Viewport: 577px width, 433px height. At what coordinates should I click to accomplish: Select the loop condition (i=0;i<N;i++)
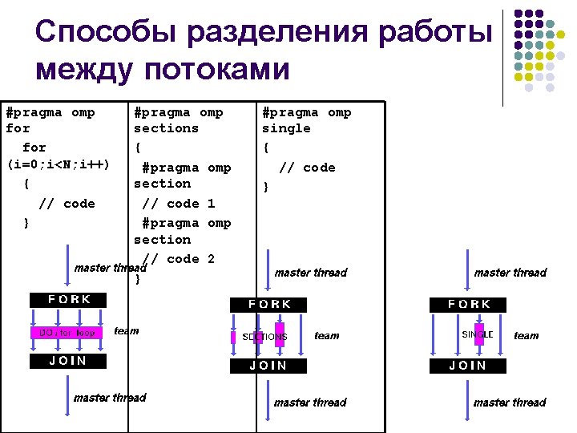pos(58,164)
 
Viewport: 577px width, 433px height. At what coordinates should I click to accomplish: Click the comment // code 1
pos(178,204)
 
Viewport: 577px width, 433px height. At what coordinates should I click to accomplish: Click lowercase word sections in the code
pos(166,128)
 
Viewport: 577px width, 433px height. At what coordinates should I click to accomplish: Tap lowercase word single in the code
pos(286,128)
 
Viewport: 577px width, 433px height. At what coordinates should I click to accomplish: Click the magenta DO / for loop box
pos(67,332)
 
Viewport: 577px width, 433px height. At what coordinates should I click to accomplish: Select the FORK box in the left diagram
pos(69,300)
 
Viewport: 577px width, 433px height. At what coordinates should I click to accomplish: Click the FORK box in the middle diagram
pos(269,305)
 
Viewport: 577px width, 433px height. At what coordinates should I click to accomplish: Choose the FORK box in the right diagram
pos(469,305)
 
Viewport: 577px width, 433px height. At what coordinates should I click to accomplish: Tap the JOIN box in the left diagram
pos(69,361)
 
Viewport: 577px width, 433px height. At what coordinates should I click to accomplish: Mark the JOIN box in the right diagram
pos(468,366)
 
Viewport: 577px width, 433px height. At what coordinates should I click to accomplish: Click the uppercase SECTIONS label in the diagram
pos(264,337)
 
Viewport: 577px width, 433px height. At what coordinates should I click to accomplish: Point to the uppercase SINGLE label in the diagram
pos(478,333)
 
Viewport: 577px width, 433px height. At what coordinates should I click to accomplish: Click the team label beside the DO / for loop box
pos(127,330)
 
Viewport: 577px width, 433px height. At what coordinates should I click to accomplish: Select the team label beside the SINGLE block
pos(526,336)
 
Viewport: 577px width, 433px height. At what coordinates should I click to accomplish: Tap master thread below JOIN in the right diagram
pos(510,403)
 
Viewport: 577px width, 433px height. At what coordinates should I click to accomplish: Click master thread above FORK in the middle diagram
pos(311,273)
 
